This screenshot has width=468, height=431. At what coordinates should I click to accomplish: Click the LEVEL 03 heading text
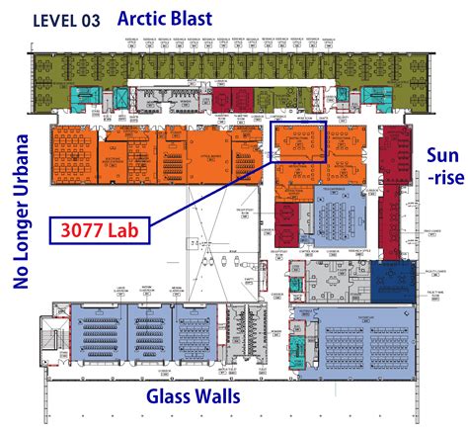pos(66,19)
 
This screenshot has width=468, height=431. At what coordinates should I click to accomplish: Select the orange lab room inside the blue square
pos(297,143)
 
